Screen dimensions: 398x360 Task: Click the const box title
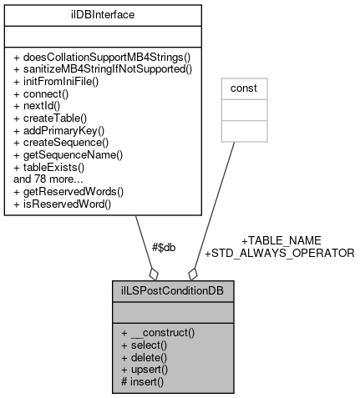click(245, 86)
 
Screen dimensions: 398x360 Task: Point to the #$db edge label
click(164, 247)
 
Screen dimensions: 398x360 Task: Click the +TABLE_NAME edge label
click(281, 239)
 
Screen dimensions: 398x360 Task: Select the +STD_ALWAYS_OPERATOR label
click(280, 252)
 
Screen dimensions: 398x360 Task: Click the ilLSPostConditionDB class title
click(173, 293)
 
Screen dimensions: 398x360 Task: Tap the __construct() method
click(158, 332)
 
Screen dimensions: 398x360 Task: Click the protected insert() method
click(143, 381)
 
